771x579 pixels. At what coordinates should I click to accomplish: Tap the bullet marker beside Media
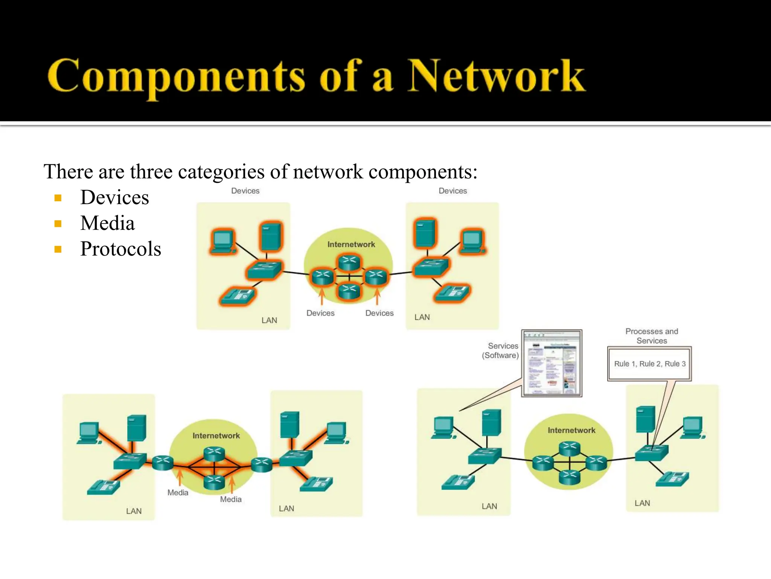(58, 224)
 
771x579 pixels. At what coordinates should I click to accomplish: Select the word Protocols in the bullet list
(120, 249)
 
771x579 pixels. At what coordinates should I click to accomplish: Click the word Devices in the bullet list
(114, 198)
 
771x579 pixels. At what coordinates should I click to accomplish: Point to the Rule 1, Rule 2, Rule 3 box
(649, 364)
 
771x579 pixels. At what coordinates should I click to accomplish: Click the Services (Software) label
(501, 351)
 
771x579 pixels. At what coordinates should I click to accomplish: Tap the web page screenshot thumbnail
(552, 363)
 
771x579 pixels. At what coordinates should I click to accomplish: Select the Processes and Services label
(652, 336)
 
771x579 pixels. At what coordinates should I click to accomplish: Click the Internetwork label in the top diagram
(351, 244)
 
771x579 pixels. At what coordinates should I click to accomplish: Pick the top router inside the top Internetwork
(349, 262)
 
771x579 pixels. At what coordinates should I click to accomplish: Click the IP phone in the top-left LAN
(237, 296)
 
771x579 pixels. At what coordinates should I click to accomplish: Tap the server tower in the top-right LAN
(425, 233)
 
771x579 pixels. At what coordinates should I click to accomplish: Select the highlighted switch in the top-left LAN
(264, 270)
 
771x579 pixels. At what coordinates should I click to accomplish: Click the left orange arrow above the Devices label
(322, 296)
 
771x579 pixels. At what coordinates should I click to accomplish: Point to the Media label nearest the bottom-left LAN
(178, 493)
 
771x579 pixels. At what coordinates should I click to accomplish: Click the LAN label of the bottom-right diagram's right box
(642, 503)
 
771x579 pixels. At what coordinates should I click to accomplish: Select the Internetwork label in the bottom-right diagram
(571, 430)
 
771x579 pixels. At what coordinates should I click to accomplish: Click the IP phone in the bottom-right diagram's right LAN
(673, 479)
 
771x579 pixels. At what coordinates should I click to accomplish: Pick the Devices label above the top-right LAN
(453, 191)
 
